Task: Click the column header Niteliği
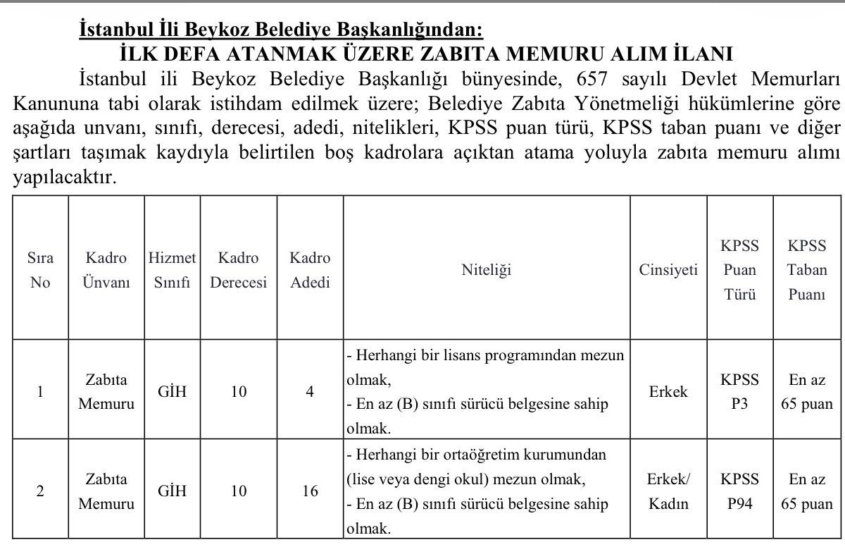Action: tap(486, 270)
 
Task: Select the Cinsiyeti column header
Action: tap(668, 270)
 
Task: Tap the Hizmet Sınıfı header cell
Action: tap(172, 271)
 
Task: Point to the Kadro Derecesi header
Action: tap(239, 271)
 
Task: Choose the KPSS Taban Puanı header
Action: tap(806, 270)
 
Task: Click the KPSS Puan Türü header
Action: tap(739, 270)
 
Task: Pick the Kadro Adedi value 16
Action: tap(310, 491)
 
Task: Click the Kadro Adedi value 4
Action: tap(310, 391)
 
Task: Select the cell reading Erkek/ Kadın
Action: tap(668, 491)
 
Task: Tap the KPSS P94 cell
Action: tap(739, 491)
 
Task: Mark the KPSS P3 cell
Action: tap(739, 391)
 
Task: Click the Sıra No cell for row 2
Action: tap(40, 491)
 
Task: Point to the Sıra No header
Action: tap(40, 271)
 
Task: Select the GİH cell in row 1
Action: tap(172, 391)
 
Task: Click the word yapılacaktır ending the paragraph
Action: tap(64, 178)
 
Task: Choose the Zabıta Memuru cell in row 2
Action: tap(106, 491)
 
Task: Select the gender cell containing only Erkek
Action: tap(668, 391)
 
